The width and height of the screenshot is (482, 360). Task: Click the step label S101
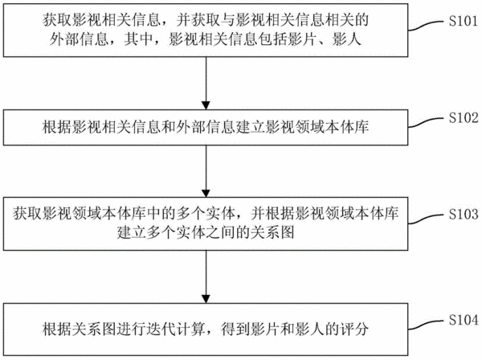[x=464, y=21]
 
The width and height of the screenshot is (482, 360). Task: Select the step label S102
[x=464, y=118]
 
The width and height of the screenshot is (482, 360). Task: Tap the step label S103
[x=464, y=215]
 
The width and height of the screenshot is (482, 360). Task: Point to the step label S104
[x=464, y=320]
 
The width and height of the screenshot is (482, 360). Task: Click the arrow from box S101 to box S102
[x=206, y=84]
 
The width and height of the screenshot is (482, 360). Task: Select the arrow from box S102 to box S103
[x=206, y=171]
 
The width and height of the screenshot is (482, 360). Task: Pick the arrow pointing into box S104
[x=206, y=277]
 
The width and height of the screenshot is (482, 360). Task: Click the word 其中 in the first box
[x=138, y=39]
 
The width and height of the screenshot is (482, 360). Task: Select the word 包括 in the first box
[x=273, y=39]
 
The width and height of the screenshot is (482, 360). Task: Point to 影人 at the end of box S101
[x=346, y=39]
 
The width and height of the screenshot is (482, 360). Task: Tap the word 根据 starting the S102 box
[x=57, y=127]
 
